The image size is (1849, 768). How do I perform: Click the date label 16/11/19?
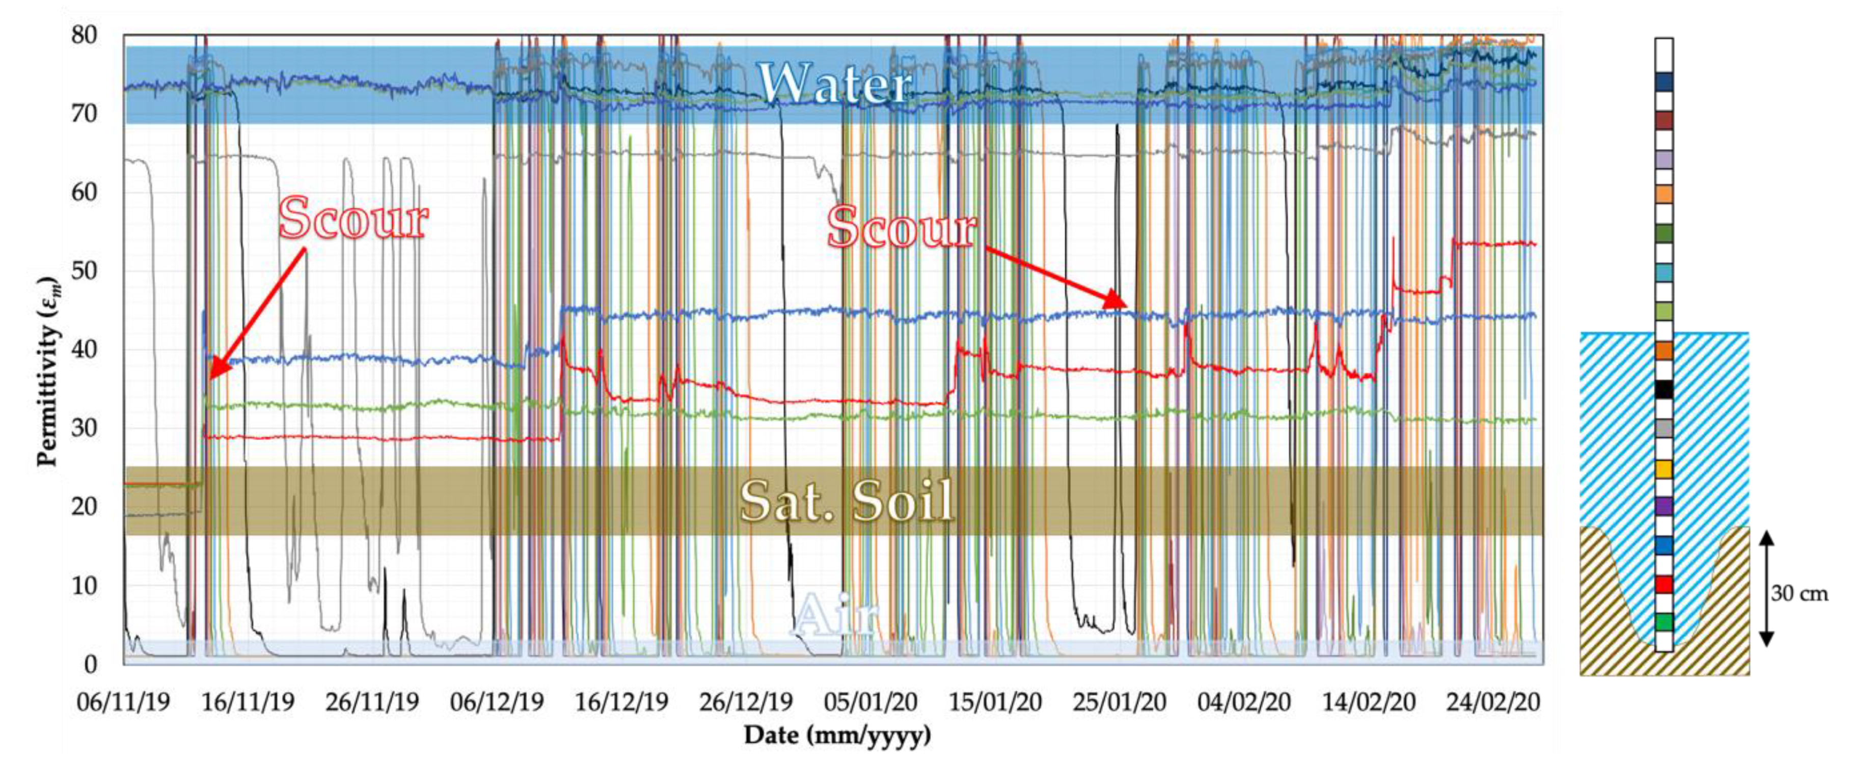point(248,701)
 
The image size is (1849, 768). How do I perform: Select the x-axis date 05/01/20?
point(870,701)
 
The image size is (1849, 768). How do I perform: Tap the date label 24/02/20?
point(1493,701)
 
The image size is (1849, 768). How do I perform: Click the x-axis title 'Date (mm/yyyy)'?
point(837,735)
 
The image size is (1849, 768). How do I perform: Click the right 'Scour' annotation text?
point(902,227)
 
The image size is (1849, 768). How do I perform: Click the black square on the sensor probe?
point(1664,389)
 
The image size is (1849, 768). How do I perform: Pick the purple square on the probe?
point(1664,506)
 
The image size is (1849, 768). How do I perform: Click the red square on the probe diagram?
point(1664,584)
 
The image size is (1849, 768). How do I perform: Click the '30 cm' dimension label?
point(1799,594)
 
